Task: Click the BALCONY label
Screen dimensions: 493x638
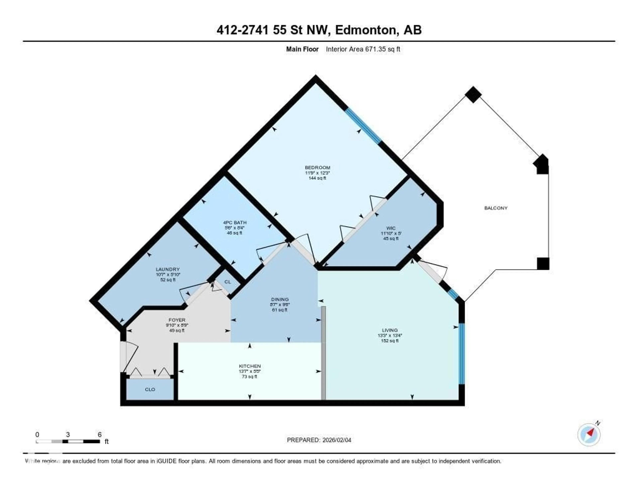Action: click(x=496, y=208)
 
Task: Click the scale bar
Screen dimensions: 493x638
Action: click(x=68, y=441)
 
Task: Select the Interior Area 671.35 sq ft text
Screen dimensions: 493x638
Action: click(x=363, y=49)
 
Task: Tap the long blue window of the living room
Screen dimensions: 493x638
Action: click(x=461, y=354)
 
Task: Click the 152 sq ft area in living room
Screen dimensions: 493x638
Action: click(x=390, y=341)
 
